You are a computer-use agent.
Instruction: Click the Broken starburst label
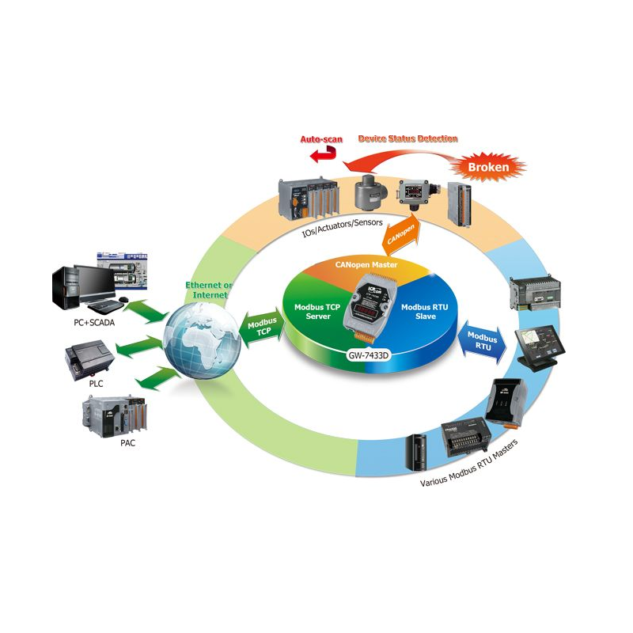pos(489,167)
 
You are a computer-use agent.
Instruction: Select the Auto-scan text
pos(321,138)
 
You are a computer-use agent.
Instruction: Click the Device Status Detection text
pos(407,138)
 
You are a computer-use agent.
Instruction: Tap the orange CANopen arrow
pos(400,232)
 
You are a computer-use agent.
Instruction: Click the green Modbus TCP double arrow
pos(257,327)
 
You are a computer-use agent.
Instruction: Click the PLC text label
pos(95,383)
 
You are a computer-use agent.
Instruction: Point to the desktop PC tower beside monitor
pos(66,289)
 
